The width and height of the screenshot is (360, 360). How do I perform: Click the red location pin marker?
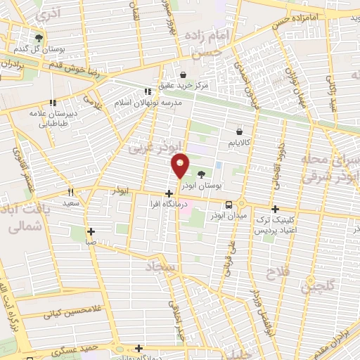pyautogui.click(x=181, y=165)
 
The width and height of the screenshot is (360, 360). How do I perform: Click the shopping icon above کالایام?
pyautogui.click(x=239, y=131)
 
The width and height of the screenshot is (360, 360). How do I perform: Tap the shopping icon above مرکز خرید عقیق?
pyautogui.click(x=184, y=75)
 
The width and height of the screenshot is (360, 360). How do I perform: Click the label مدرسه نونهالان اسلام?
pyautogui.click(x=148, y=102)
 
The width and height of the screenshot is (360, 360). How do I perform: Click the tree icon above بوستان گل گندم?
pyautogui.click(x=39, y=38)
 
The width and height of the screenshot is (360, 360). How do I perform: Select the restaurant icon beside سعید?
pyautogui.click(x=70, y=192)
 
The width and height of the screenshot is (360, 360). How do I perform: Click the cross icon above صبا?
pyautogui.click(x=91, y=231)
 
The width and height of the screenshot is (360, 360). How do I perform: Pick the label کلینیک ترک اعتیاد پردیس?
pyautogui.click(x=276, y=225)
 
